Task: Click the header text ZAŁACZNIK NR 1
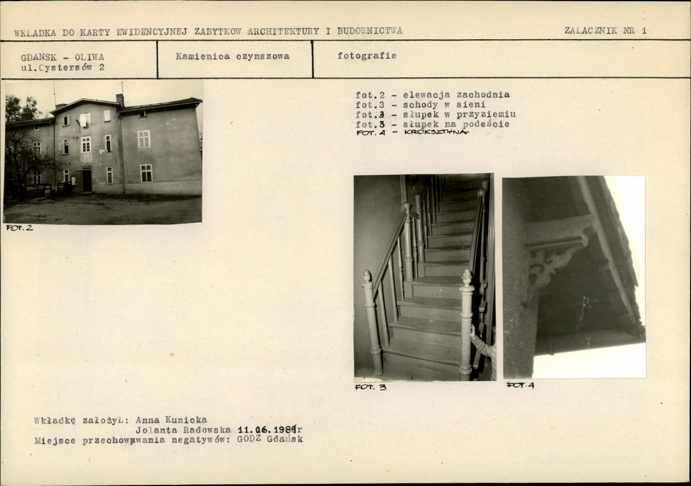pos(605,31)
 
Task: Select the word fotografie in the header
pos(367,55)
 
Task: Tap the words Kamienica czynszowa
pos(233,56)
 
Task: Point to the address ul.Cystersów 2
pos(63,67)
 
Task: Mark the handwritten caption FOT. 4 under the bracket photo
pos(520,385)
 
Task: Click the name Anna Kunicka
pos(171,420)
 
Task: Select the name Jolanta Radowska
pos(183,430)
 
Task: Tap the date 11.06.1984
pos(267,430)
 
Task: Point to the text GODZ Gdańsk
pos(270,439)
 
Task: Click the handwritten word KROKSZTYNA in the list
pos(435,132)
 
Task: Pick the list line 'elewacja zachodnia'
pos(456,95)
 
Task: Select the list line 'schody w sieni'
pos(444,105)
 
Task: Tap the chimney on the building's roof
pos(120,100)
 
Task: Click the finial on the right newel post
pos(467,277)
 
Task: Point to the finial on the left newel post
pos(367,276)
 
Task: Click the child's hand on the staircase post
pos(472,331)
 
